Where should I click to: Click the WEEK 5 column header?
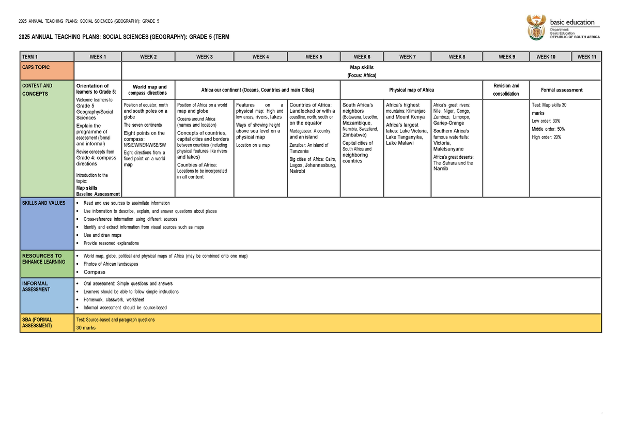tap(314, 57)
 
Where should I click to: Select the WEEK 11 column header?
tap(586, 57)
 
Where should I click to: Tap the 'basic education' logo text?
tap(572, 22)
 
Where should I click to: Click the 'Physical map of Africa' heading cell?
tap(411, 90)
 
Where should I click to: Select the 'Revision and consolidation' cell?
tap(506, 90)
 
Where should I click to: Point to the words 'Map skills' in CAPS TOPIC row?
tap(361, 67)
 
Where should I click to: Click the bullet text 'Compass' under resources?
tap(95, 272)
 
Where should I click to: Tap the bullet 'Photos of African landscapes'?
tap(111, 264)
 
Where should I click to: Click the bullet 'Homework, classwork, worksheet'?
tap(114, 299)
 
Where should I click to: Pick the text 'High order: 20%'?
tap(546, 137)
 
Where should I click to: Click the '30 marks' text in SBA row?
tap(86, 328)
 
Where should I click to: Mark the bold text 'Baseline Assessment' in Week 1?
tap(98, 194)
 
